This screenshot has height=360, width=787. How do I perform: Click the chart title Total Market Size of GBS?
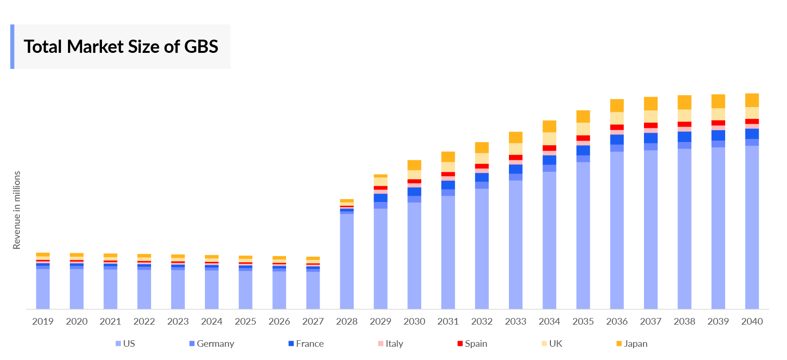tap(121, 47)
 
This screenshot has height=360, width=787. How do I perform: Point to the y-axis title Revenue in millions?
tap(17, 210)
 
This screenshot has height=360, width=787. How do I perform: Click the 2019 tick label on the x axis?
tap(43, 321)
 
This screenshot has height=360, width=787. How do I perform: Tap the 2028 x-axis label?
tap(347, 321)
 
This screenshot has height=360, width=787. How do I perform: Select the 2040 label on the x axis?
tap(752, 321)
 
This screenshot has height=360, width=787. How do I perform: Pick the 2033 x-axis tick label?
tap(516, 321)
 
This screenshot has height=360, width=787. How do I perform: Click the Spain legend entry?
tap(472, 343)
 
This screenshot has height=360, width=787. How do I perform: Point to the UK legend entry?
tap(552, 343)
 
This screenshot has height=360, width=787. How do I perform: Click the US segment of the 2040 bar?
tap(752, 226)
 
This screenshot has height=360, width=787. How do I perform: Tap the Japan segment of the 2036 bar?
tap(617, 105)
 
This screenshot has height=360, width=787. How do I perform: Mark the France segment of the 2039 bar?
tap(718, 135)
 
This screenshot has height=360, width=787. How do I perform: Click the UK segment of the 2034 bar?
tap(550, 139)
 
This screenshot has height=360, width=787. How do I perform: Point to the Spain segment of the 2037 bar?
tap(651, 126)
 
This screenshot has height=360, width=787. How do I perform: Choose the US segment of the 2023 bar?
tap(178, 289)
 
